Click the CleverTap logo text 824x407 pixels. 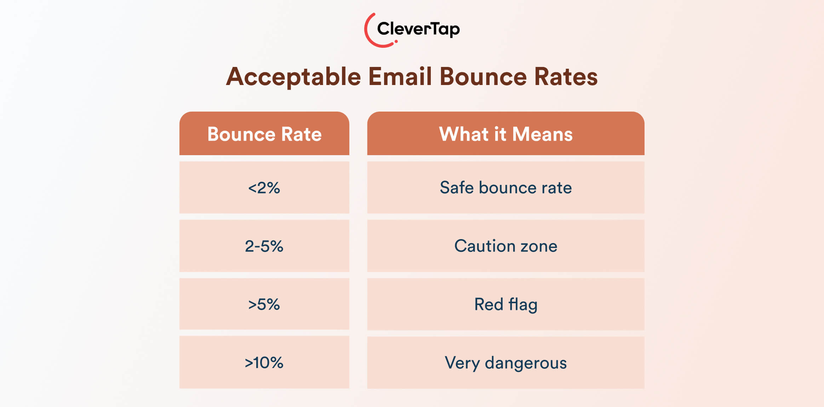click(x=418, y=29)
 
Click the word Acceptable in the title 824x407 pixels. click(x=293, y=77)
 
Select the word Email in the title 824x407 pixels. click(x=400, y=77)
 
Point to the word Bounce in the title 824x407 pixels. click(x=483, y=77)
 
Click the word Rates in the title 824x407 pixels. click(x=566, y=77)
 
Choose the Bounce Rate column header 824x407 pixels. click(x=264, y=134)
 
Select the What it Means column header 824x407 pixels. click(x=505, y=134)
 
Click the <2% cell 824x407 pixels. click(x=264, y=188)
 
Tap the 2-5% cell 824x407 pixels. click(x=264, y=246)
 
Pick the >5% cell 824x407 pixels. click(x=264, y=304)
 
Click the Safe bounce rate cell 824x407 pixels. click(x=505, y=188)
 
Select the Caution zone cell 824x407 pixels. click(x=505, y=246)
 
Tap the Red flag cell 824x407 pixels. click(x=505, y=304)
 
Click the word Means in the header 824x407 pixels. click(x=542, y=134)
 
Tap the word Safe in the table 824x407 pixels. click(x=457, y=188)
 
